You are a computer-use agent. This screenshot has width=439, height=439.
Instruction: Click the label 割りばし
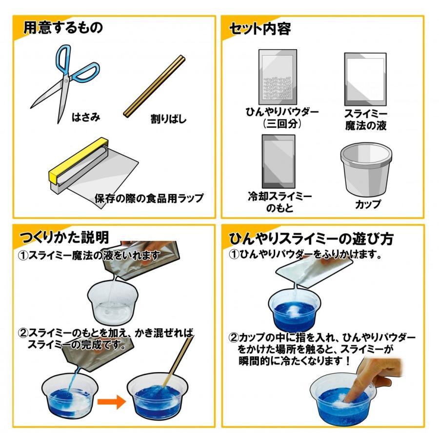pos(168,119)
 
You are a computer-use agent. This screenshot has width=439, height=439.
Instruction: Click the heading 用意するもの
pos(63,28)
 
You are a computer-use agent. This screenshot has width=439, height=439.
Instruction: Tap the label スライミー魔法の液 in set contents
pos(365,120)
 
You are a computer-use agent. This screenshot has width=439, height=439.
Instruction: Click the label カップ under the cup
pos(367,204)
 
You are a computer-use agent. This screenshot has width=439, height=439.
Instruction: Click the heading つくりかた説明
pos(63,238)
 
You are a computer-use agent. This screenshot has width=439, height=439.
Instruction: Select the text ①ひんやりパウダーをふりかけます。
pos(305,255)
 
